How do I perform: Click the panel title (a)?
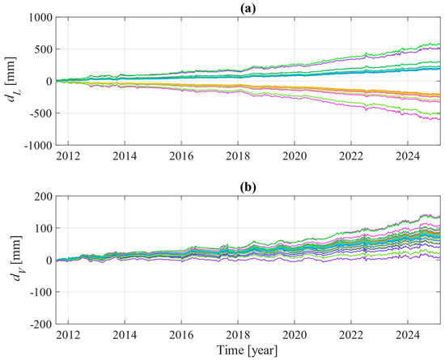(x=248, y=9)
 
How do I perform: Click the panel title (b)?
(x=248, y=188)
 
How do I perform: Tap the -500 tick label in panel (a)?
(x=42, y=113)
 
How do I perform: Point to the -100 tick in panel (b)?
(x=42, y=292)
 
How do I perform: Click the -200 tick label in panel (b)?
(x=42, y=324)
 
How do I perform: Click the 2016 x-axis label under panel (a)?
(x=181, y=156)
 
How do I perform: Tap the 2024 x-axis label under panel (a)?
(x=408, y=156)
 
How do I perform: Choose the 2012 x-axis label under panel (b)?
(x=68, y=335)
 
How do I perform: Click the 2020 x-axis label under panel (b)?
(x=295, y=335)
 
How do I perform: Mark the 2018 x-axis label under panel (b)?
(x=238, y=335)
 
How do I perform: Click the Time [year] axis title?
(x=247, y=350)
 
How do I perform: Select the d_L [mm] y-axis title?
(x=13, y=82)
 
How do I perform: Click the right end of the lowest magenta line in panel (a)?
(x=440, y=120)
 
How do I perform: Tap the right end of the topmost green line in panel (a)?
(x=440, y=44)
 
